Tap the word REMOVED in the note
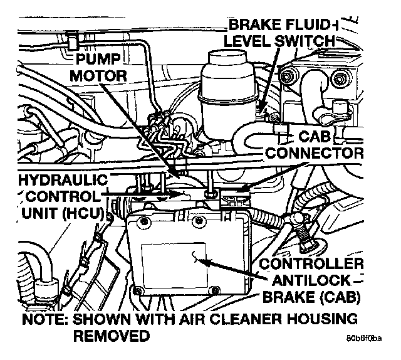(x=113, y=336)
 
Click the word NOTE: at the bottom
(x=44, y=318)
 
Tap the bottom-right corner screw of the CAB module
(x=216, y=290)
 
